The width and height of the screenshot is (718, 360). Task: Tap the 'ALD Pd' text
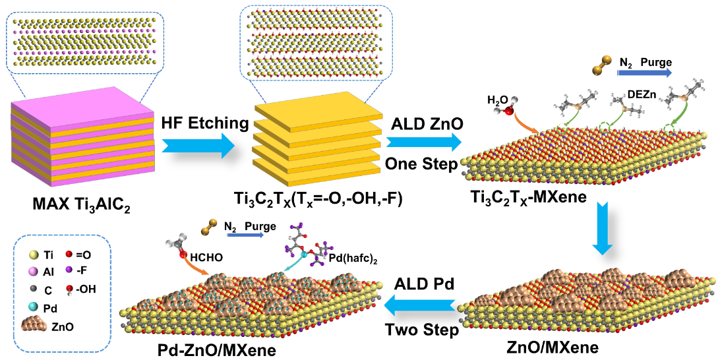pos(422,285)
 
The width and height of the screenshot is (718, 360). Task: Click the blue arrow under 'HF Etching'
pos(198,143)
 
